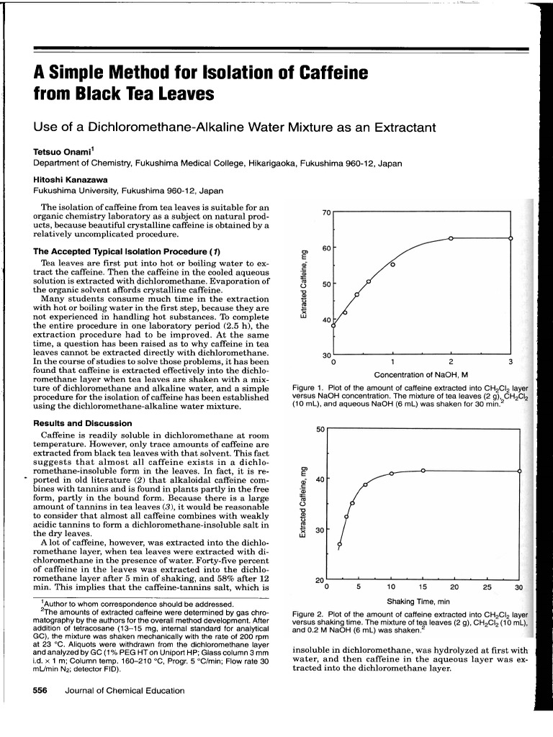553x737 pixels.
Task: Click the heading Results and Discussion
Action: tap(83, 423)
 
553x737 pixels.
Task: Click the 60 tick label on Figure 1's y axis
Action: tap(325, 248)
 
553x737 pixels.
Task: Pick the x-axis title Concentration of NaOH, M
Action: tap(421, 374)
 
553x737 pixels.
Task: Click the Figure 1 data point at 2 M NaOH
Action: tap(451, 238)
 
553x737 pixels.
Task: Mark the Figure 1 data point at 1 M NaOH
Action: tap(392, 265)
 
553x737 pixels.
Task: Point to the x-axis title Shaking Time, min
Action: tap(418, 602)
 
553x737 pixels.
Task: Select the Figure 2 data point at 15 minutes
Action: tap(423, 470)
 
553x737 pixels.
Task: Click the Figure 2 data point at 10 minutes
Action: tap(391, 474)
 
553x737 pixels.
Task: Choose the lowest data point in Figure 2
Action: tap(340, 544)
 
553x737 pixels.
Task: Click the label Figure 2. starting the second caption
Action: tap(310, 615)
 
